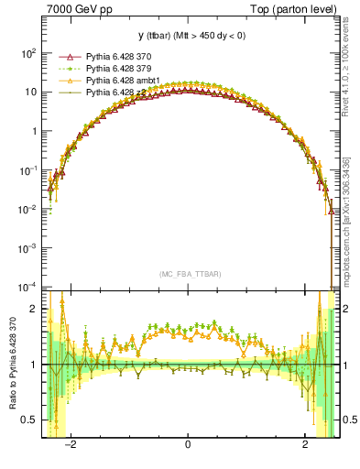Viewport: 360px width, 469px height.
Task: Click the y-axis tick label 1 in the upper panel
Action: point(33,131)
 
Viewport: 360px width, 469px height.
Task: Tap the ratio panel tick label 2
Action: point(33,309)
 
